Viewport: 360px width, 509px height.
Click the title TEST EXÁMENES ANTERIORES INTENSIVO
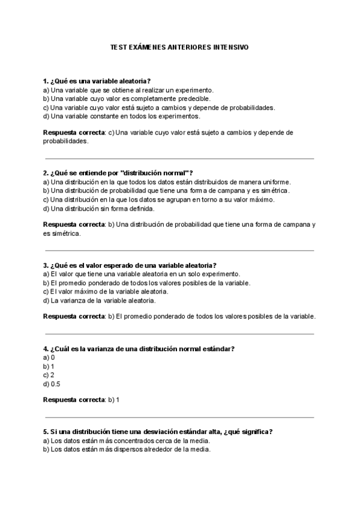click(x=179, y=46)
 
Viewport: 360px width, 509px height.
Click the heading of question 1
click(x=96, y=81)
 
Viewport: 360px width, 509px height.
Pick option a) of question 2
click(x=167, y=182)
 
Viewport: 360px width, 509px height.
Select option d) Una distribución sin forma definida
click(x=99, y=208)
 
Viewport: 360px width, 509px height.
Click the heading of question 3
click(x=130, y=265)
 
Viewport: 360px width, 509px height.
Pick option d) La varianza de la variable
click(x=100, y=300)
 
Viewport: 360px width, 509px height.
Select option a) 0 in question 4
click(x=49, y=357)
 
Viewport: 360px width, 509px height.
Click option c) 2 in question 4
click(x=49, y=375)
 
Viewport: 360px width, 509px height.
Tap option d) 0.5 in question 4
click(x=52, y=384)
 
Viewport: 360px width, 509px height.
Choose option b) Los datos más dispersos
click(x=127, y=449)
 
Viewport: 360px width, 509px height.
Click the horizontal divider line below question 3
click(x=179, y=333)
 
